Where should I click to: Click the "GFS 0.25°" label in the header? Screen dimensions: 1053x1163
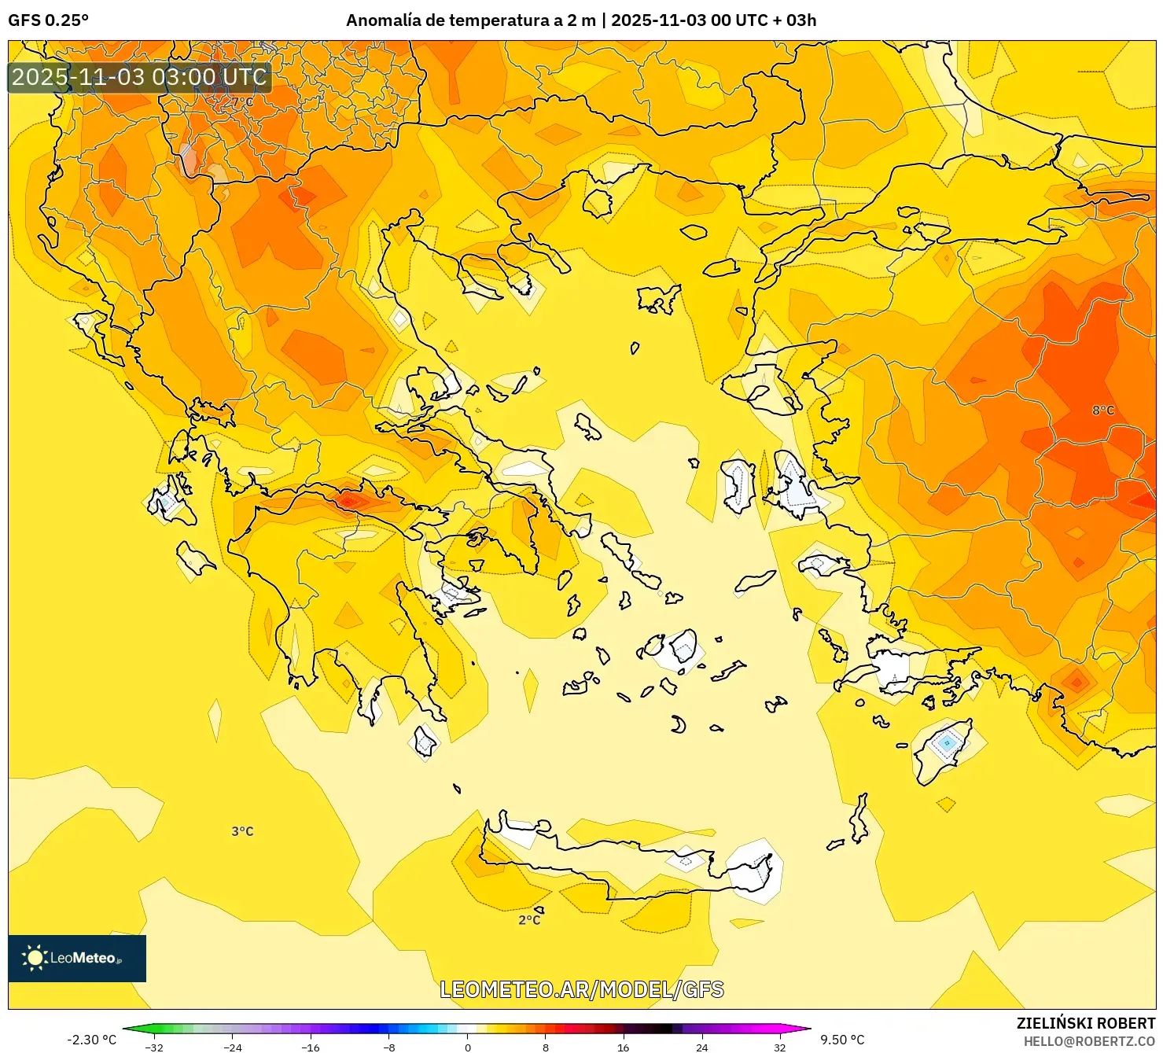pos(48,20)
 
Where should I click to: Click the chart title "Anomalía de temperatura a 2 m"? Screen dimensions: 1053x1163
pos(470,20)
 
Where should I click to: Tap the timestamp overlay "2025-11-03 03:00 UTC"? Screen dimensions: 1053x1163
pos(139,77)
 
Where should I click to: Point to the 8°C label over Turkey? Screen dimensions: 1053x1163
pos(1102,410)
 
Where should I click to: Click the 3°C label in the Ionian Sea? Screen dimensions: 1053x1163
pos(242,831)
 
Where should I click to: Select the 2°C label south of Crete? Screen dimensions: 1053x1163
pos(529,919)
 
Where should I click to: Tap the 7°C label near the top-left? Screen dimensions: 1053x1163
pos(242,101)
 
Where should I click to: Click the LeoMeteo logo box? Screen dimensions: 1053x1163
pos(77,958)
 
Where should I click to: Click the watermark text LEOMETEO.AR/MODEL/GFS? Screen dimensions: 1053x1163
pos(581,989)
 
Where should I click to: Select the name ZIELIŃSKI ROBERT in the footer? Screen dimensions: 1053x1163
pos(1085,1023)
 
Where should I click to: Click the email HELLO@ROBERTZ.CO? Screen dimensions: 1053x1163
pos(1089,1041)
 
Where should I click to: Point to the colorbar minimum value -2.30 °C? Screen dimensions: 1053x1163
pos(91,1040)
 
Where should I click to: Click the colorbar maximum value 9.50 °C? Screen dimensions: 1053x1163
pos(842,1040)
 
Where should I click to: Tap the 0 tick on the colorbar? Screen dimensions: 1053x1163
pos(468,1047)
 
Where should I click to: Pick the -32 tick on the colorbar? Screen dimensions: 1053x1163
pos(155,1047)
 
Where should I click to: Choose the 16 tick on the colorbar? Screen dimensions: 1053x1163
pos(624,1047)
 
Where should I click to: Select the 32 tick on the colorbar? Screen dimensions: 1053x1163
pos(779,1047)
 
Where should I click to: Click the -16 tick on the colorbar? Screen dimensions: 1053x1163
pos(311,1047)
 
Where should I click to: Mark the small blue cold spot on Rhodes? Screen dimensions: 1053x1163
pos(947,742)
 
